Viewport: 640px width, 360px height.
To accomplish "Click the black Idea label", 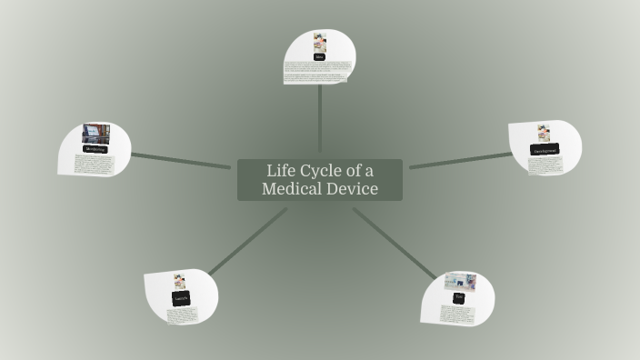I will point(320,56).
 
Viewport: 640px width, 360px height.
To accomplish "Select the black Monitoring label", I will point(95,149).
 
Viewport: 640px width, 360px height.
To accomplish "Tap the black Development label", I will point(545,150).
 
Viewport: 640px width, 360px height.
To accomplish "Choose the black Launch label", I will point(181,299).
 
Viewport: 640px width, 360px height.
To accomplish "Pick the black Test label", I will point(459,297).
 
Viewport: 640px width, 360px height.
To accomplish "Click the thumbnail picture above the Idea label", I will point(320,42).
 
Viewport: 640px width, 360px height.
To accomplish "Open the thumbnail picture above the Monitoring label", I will point(95,134).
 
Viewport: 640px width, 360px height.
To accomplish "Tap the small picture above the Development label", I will point(544,133).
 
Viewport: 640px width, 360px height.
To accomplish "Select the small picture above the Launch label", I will point(180,282).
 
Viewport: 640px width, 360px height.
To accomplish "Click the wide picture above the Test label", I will point(460,281).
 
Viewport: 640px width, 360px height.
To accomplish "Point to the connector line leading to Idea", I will point(320,118).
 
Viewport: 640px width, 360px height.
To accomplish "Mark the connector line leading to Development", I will point(459,161).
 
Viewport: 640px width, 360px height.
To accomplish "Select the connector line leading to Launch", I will point(247,241).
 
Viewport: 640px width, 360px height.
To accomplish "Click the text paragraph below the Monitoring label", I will point(94,165).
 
